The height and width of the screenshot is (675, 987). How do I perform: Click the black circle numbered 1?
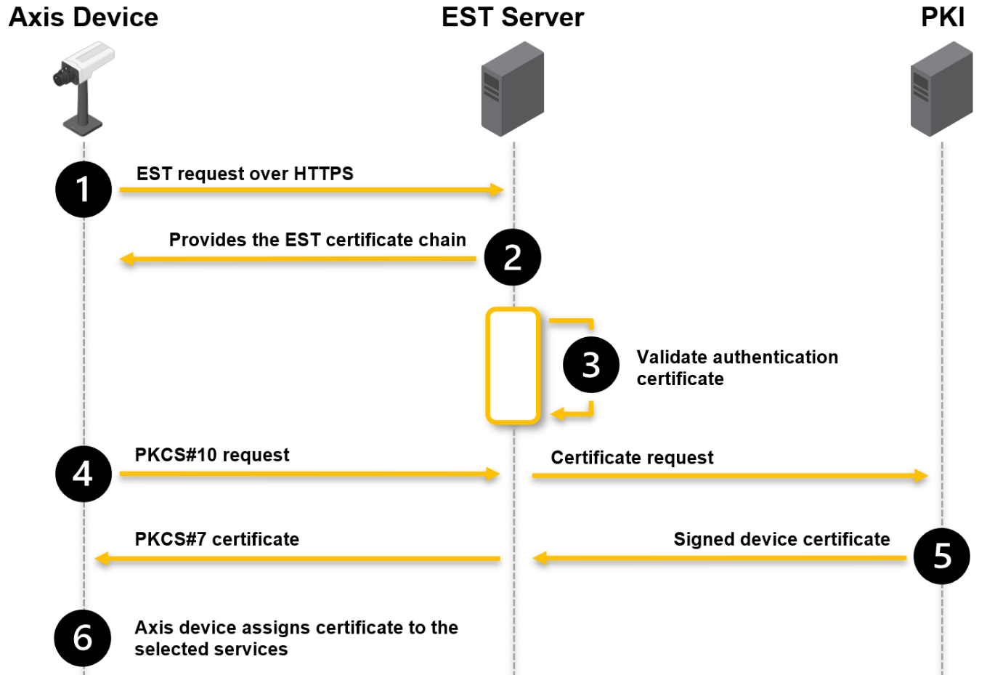pyautogui.click(x=84, y=190)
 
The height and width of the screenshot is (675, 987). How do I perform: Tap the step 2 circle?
pyautogui.click(x=513, y=257)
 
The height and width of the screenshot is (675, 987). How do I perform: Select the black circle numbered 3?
pyautogui.click(x=591, y=365)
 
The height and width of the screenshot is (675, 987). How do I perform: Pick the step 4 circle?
pyautogui.click(x=84, y=474)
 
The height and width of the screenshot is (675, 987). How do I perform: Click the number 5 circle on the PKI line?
pyautogui.click(x=942, y=557)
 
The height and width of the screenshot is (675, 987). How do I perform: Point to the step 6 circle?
pyautogui.click(x=83, y=638)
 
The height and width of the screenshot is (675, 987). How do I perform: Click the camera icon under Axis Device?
pyautogui.click(x=84, y=87)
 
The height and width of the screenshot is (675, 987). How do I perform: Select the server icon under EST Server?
pyautogui.click(x=513, y=89)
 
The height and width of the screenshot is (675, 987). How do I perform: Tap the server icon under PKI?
pyautogui.click(x=942, y=89)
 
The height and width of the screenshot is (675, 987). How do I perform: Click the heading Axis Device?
pyautogui.click(x=84, y=17)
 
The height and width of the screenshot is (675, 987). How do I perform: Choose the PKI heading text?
pyautogui.click(x=943, y=17)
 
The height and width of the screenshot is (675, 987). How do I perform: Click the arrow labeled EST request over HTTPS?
pyautogui.click(x=311, y=190)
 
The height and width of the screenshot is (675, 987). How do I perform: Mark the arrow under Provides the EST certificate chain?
pyautogui.click(x=298, y=259)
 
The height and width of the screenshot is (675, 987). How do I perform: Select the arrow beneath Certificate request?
pyautogui.click(x=729, y=476)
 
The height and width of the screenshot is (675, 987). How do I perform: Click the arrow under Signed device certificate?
pyautogui.click(x=719, y=558)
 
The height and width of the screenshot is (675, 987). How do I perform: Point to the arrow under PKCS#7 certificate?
pyautogui.click(x=298, y=559)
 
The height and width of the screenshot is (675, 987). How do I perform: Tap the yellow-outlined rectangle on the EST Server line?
pyautogui.click(x=513, y=365)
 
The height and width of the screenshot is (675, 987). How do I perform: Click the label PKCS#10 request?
pyautogui.click(x=212, y=455)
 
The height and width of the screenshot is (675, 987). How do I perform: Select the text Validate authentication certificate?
pyautogui.click(x=736, y=368)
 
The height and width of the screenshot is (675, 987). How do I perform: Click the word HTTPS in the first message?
pyautogui.click(x=323, y=174)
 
